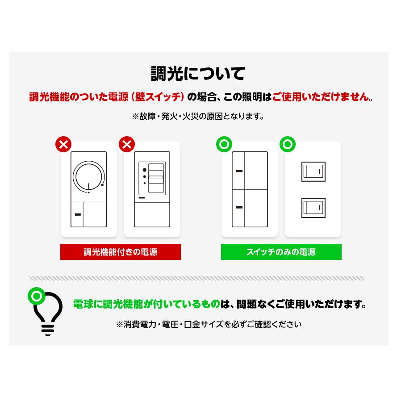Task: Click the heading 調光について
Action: point(198,74)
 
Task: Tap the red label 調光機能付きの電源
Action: point(121,252)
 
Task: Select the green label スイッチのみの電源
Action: point(281,252)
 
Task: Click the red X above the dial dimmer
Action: point(63,144)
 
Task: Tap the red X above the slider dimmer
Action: point(127,144)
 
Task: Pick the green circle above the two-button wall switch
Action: point(224,144)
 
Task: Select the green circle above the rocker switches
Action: point(287,144)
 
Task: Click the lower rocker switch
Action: point(313,208)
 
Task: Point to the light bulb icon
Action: point(47,313)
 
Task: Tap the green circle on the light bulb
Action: point(35,296)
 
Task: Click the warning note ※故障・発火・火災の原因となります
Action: point(198,117)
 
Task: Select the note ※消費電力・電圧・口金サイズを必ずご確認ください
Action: point(209,324)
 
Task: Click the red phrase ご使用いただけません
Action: point(321,97)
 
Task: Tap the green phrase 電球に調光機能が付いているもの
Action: point(147,305)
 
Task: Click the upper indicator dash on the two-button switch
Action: point(239,171)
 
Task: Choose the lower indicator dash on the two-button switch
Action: point(239,207)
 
